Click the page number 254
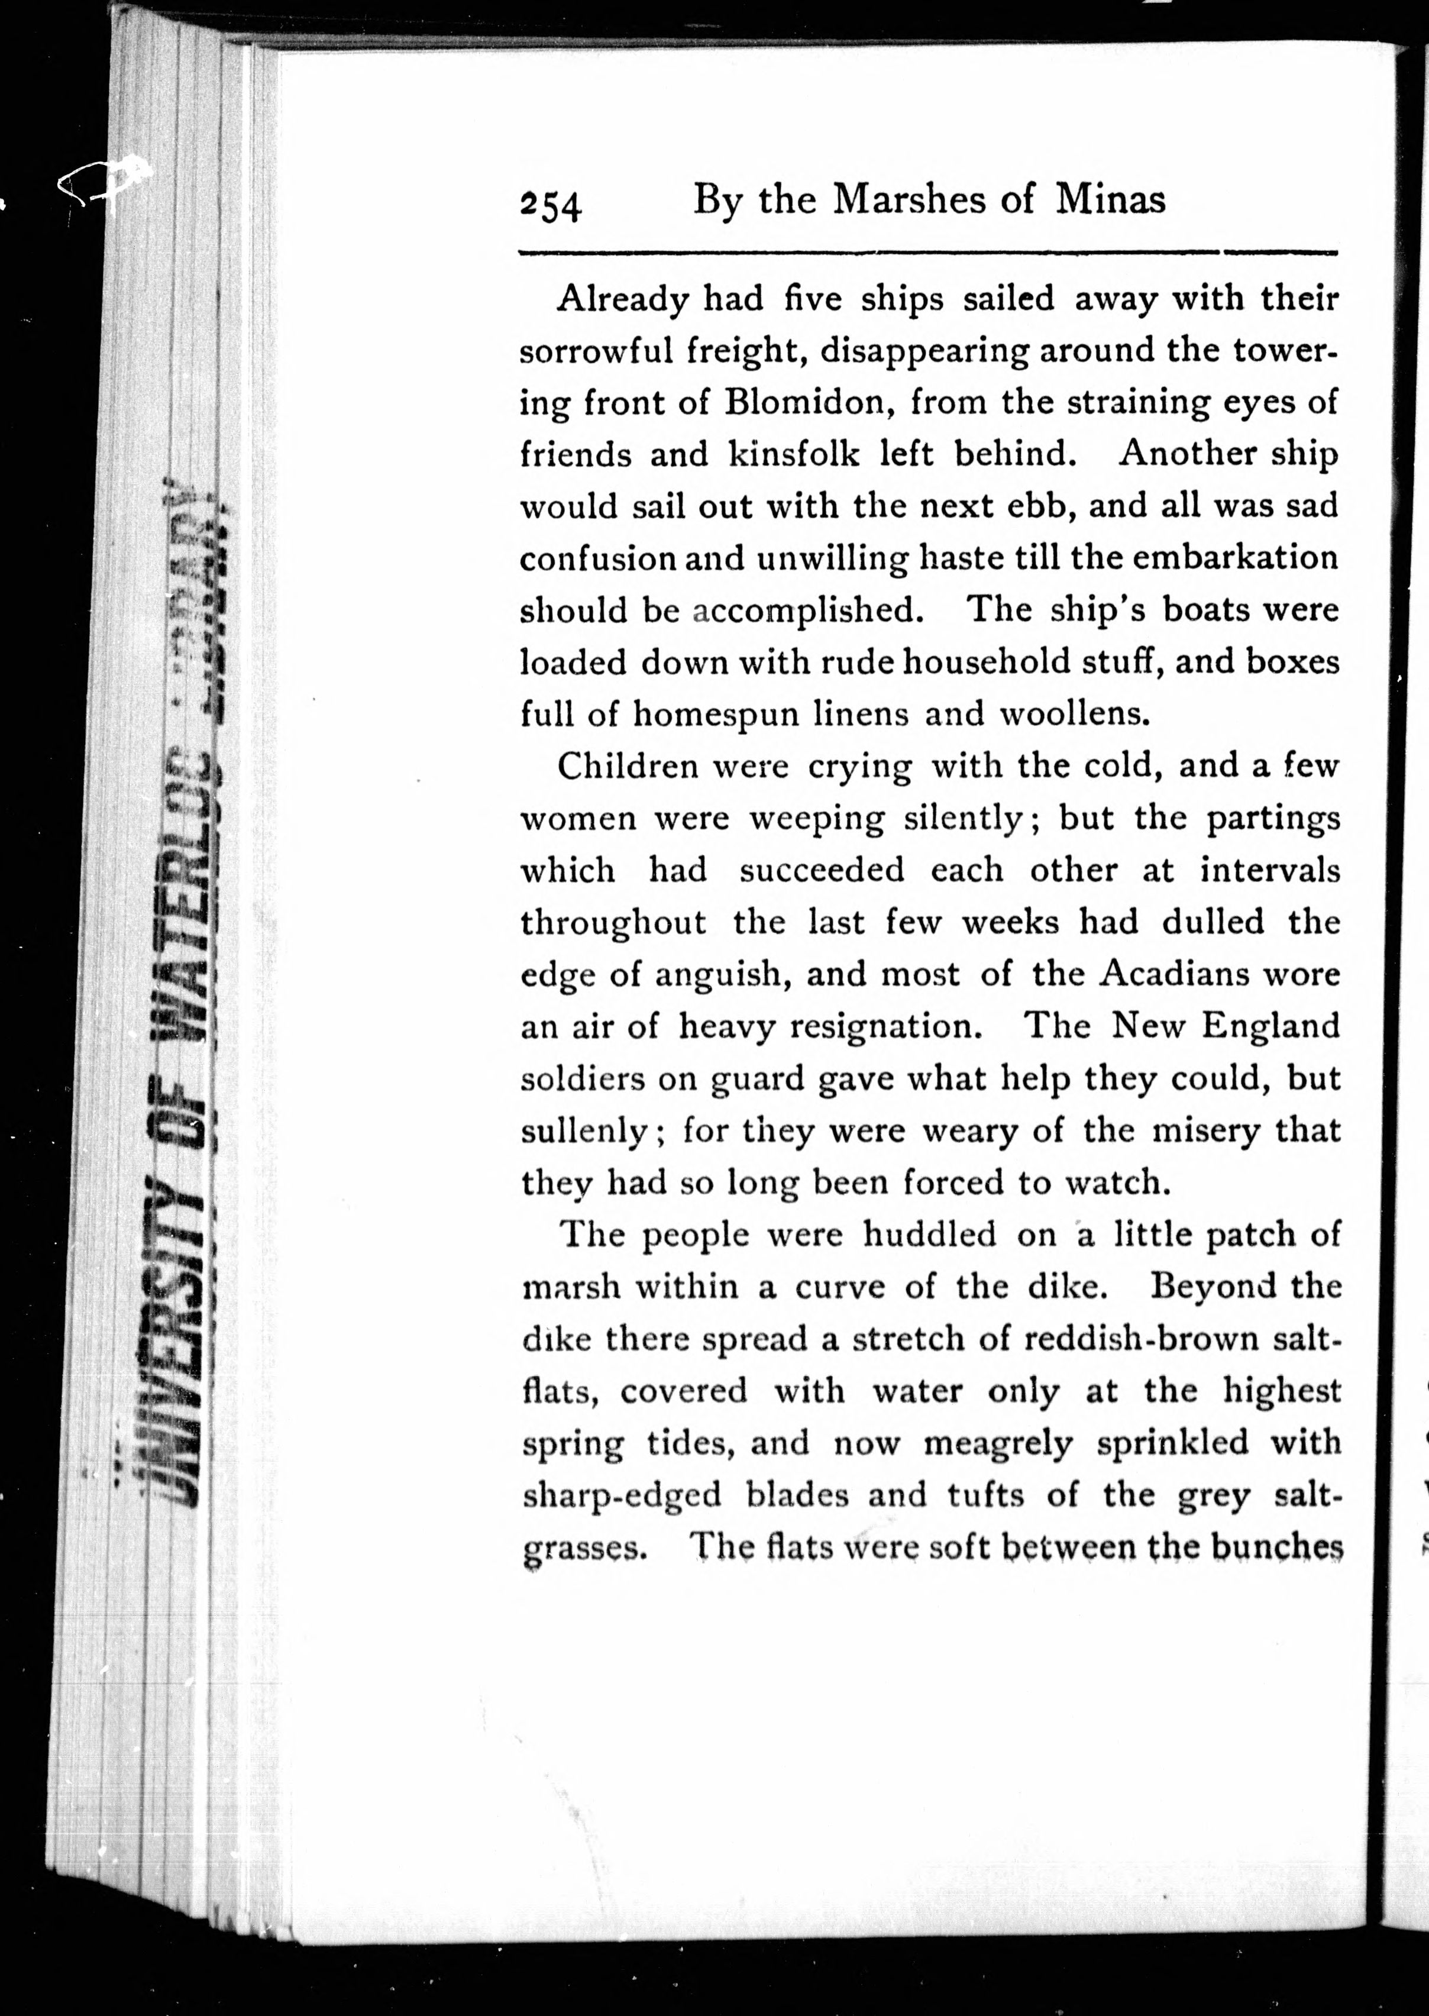551,205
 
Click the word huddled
929,1235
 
